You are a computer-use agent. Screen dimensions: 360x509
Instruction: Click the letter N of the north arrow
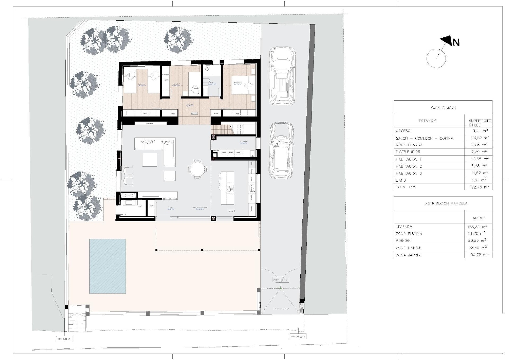[x=456, y=42]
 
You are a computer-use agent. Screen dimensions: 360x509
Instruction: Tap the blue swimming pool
[x=108, y=266]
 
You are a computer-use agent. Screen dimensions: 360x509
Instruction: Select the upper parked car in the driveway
[x=282, y=75]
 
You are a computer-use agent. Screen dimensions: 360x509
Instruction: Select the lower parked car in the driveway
[x=281, y=150]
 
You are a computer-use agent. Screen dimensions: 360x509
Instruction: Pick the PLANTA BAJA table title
[x=443, y=107]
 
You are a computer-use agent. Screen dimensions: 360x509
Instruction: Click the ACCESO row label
[x=403, y=131]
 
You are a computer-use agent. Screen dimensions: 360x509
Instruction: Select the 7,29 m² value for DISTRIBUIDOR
[x=479, y=152]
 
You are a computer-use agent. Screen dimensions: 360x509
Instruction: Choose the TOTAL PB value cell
[x=479, y=187]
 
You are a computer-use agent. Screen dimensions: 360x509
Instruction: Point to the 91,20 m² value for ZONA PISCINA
[x=479, y=234]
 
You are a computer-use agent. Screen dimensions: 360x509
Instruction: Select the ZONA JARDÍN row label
[x=408, y=255]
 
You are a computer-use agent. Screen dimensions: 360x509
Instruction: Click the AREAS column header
[x=478, y=218]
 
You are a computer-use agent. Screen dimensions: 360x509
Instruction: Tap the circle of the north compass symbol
[x=436, y=58]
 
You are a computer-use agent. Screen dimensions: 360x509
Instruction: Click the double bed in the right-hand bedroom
[x=243, y=85]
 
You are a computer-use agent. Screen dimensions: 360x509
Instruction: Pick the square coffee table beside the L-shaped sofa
[x=150, y=160]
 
